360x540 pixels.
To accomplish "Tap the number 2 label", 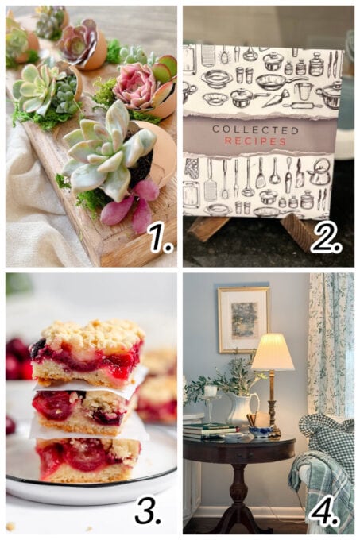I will pyautogui.click(x=325, y=236).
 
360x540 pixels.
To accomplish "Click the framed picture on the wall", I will pyautogui.click(x=244, y=319).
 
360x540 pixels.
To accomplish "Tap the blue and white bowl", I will pyautogui.click(x=260, y=432).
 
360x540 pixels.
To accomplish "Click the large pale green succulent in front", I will pyautogui.click(x=104, y=150).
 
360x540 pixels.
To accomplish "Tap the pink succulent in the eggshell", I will pyautogui.click(x=136, y=85).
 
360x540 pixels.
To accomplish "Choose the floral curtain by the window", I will pyautogui.click(x=330, y=341).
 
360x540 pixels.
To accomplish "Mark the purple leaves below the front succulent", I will pyautogui.click(x=135, y=208).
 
